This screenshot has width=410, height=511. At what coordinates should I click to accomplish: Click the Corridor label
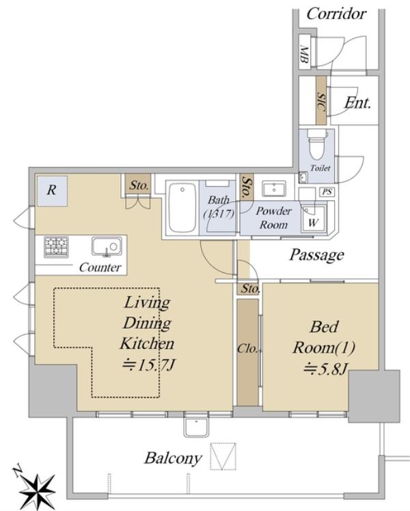pos(336,14)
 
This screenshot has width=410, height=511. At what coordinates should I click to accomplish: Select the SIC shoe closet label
pos(321,101)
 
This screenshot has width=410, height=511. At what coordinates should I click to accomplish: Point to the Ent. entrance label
pos(358,103)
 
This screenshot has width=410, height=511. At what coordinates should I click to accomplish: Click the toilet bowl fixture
pos(317,145)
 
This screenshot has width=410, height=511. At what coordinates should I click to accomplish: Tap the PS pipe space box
pos(327,192)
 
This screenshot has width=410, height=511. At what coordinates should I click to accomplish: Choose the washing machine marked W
pos(313,219)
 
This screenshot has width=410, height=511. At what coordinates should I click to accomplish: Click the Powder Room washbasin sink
pos(274,189)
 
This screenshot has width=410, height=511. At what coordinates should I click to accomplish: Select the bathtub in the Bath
pos(182,207)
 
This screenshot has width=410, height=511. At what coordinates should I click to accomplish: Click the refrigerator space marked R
pos(52,191)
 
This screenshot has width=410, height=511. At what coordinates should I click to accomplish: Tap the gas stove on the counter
pos(56,247)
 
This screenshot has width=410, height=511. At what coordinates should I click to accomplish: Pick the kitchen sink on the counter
pos(107,246)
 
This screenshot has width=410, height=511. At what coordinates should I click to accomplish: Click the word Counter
pos(100,267)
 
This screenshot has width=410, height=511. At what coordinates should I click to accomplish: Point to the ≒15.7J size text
pos(148,365)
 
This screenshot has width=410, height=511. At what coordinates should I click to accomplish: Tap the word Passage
pos(316,255)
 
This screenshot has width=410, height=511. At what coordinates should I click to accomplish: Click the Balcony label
pos(173,458)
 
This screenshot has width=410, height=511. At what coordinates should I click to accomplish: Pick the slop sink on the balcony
pos(196,428)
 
